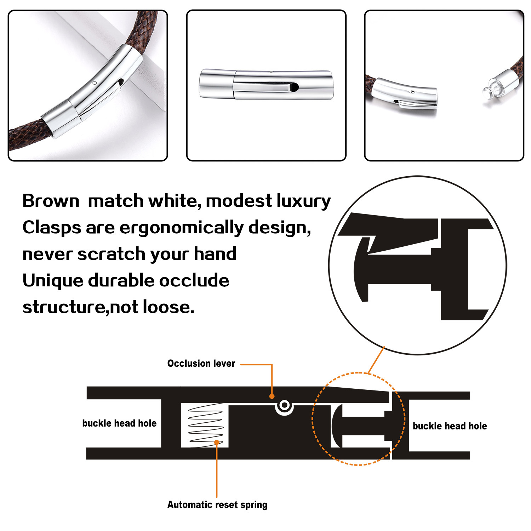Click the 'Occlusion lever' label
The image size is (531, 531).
pyautogui.click(x=201, y=364)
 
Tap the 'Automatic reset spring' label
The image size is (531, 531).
pyautogui.click(x=217, y=504)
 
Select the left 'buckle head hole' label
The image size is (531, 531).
pyautogui.click(x=119, y=423)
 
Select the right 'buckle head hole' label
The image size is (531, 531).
pyautogui.click(x=450, y=426)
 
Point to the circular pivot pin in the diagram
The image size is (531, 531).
pyautogui.click(x=284, y=405)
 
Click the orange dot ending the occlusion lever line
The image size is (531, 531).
pyautogui.click(x=272, y=396)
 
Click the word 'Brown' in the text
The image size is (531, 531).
pyautogui.click(x=51, y=201)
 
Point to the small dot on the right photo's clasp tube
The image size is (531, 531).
pyautogui.click(x=413, y=92)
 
